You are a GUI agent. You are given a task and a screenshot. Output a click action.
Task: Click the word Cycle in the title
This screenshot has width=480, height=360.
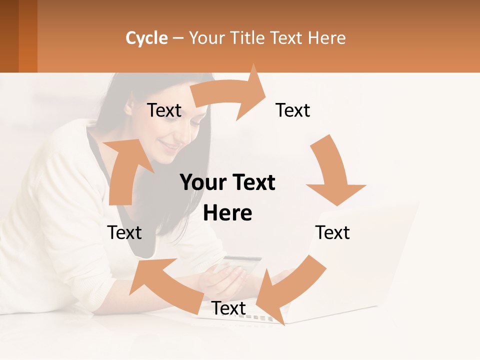click(146, 38)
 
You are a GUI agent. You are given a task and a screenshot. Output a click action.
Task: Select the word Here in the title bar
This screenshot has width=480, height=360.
click(327, 38)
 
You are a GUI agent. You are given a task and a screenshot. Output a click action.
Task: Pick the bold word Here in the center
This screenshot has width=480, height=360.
click(227, 213)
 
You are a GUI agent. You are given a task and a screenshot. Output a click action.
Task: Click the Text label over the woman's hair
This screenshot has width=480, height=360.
click(164, 110)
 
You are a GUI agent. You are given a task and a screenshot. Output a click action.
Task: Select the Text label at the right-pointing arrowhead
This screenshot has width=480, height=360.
click(293, 110)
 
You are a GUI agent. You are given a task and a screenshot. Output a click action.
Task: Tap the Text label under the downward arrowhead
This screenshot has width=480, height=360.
click(332, 233)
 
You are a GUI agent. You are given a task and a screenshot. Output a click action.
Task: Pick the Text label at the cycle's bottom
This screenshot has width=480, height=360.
click(228, 308)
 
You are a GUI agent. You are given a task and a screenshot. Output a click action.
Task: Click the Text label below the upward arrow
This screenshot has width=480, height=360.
click(124, 233)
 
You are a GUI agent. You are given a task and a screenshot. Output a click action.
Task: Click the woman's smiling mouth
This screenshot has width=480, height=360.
click(170, 146)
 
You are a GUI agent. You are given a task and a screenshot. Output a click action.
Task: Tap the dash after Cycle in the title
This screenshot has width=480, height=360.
click(178, 38)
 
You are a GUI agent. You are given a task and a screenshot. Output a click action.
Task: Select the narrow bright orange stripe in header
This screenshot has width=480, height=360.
click(28, 36)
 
